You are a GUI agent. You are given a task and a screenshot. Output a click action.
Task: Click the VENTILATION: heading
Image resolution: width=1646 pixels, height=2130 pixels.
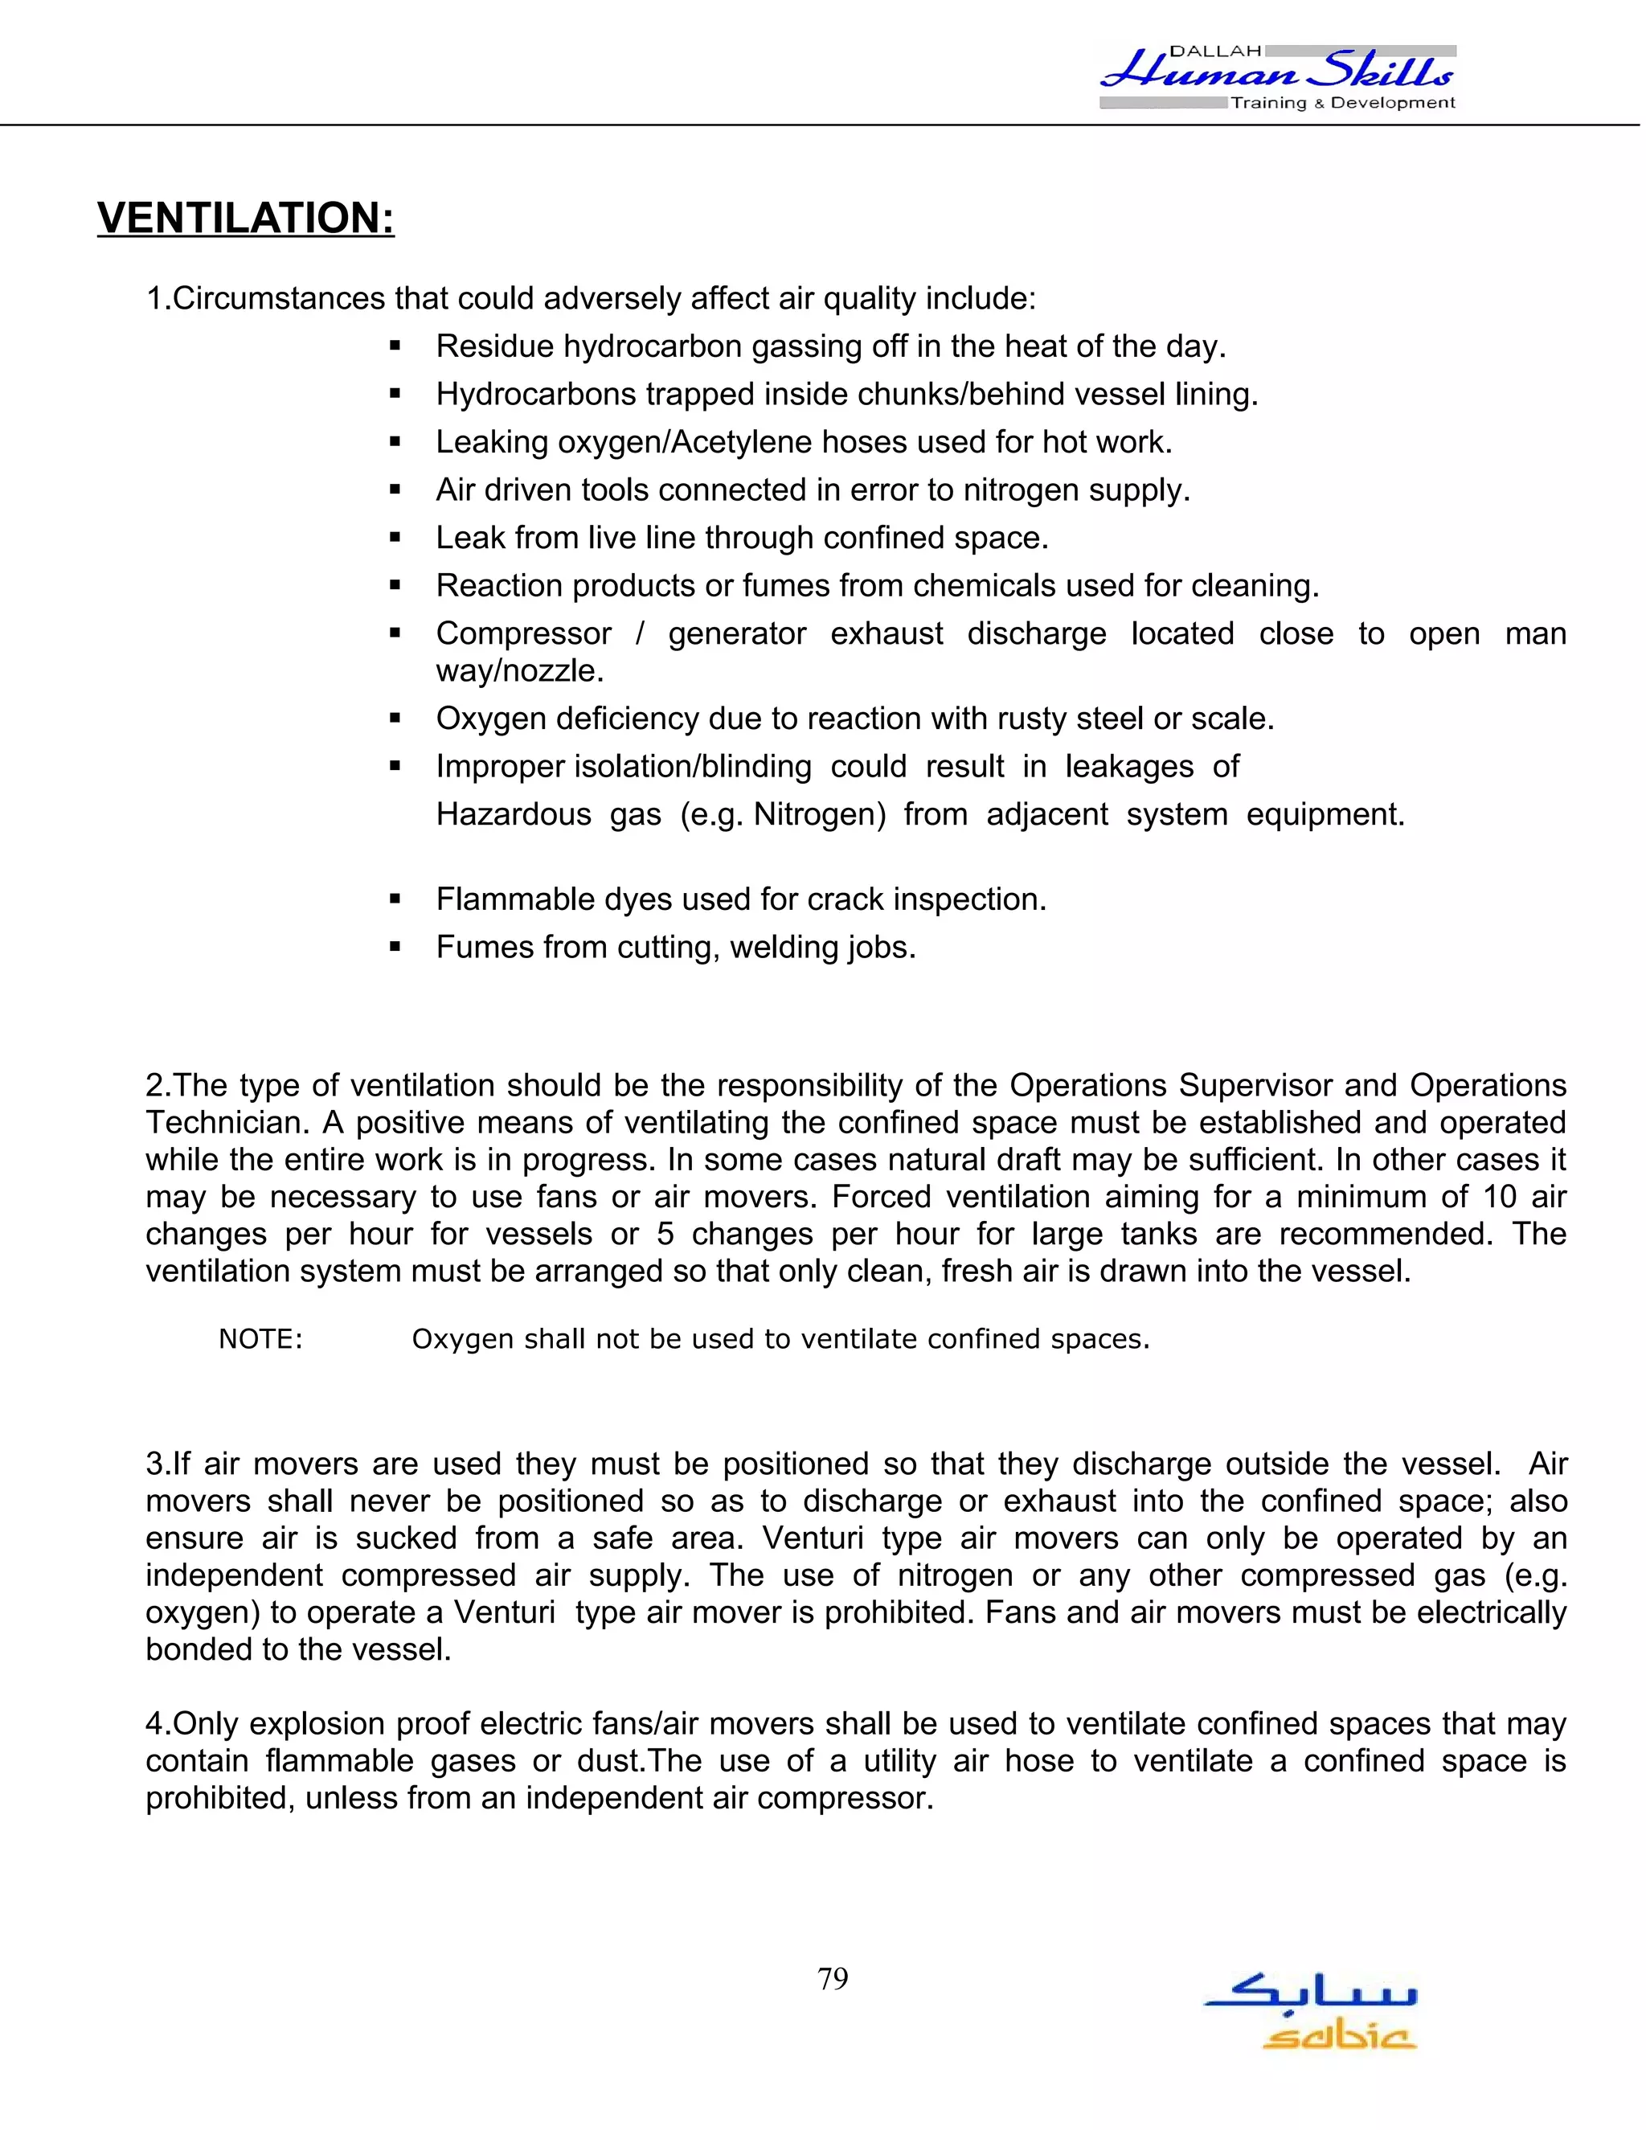click(x=246, y=218)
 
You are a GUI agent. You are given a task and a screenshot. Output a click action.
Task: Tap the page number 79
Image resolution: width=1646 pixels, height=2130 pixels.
click(x=833, y=1978)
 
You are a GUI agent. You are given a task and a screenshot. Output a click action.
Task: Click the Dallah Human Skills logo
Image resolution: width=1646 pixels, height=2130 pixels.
click(x=1277, y=76)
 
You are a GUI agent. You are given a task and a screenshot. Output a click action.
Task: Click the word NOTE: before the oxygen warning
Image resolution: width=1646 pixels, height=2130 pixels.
click(x=260, y=1339)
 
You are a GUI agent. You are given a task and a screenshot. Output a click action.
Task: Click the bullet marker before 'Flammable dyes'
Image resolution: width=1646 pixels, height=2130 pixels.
click(x=395, y=899)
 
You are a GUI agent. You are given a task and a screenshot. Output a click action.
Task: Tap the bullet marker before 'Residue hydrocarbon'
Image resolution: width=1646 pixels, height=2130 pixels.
click(x=395, y=346)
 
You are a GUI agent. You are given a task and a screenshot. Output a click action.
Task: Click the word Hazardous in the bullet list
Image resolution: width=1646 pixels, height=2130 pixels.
click(x=513, y=813)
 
